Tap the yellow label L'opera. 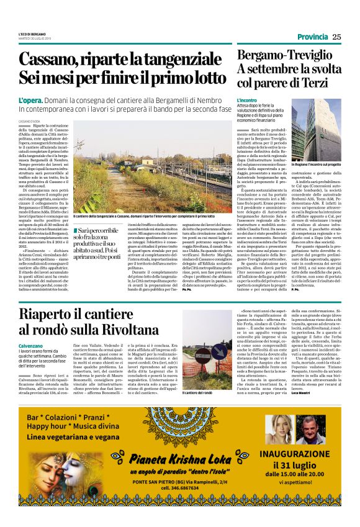[x=29, y=99]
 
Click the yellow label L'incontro [x=246, y=100]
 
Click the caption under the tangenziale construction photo [x=152, y=215]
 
